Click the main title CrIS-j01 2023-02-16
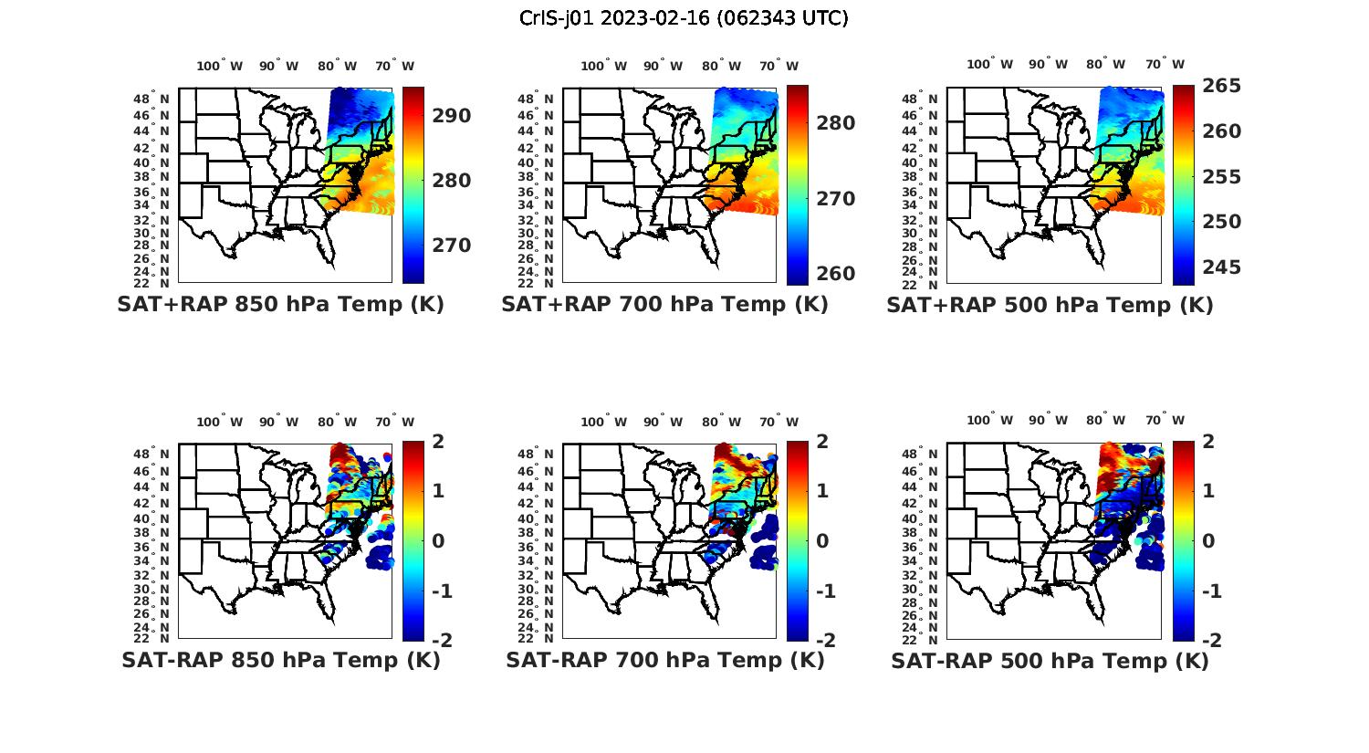click(684, 18)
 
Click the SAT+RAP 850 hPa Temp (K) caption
click(280, 305)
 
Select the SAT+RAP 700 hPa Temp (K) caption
click(664, 305)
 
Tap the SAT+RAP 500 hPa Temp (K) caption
click(1050, 305)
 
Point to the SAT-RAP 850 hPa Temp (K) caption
click(280, 660)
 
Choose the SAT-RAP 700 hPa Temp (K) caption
click(664, 660)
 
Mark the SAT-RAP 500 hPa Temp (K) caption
click(1050, 660)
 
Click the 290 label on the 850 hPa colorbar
click(451, 116)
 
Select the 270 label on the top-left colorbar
click(451, 246)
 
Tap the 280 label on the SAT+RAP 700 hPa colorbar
click(835, 123)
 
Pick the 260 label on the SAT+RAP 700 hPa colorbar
click(835, 274)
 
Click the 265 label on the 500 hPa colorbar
click(1221, 86)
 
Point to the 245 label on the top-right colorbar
click(1221, 267)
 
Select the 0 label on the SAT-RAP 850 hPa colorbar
click(437, 540)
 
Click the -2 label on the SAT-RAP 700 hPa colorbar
click(825, 641)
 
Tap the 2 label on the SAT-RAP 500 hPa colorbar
click(1209, 441)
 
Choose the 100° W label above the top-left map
click(219, 66)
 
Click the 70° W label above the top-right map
click(1164, 64)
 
